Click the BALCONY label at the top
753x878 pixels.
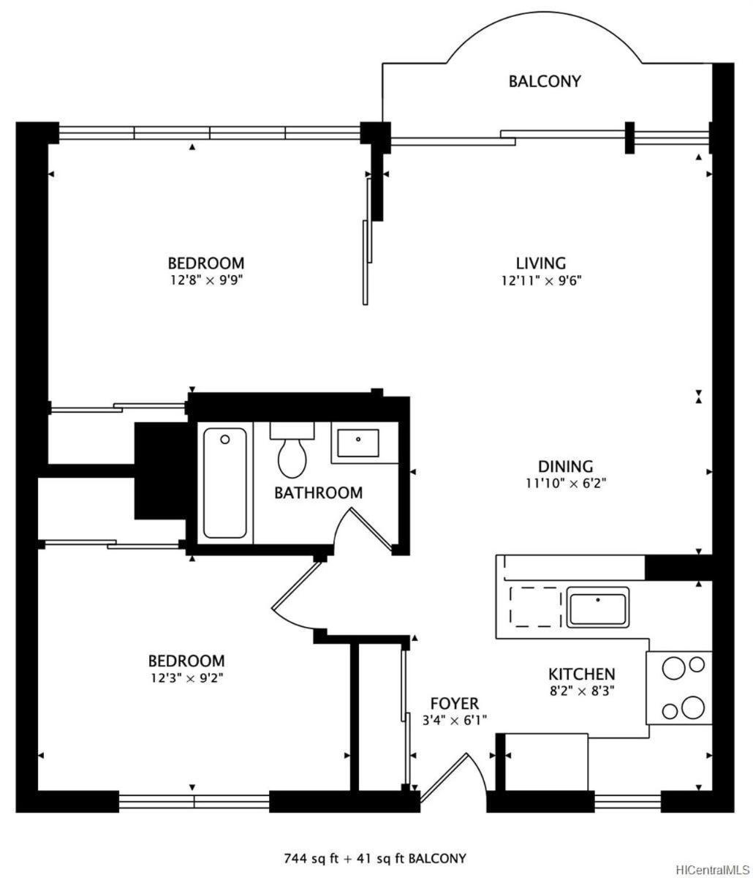point(545,81)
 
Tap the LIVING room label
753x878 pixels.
point(541,263)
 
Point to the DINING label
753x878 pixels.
point(565,466)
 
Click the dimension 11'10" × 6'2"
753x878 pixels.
point(566,484)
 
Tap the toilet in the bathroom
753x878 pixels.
point(292,450)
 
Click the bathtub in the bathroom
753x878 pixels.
point(225,483)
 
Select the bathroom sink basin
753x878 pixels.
point(357,443)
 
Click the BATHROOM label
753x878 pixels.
point(318,492)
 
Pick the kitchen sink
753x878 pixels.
point(597,607)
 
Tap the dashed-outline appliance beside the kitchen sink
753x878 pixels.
point(535,607)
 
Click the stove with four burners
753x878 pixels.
point(679,688)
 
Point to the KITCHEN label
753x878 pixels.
point(581,674)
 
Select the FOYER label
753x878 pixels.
point(455,703)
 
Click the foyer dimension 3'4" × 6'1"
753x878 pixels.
point(455,720)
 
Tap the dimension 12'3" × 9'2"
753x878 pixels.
point(187,678)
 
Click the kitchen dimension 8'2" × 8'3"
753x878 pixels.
point(582,691)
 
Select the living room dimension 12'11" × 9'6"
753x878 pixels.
point(541,281)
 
